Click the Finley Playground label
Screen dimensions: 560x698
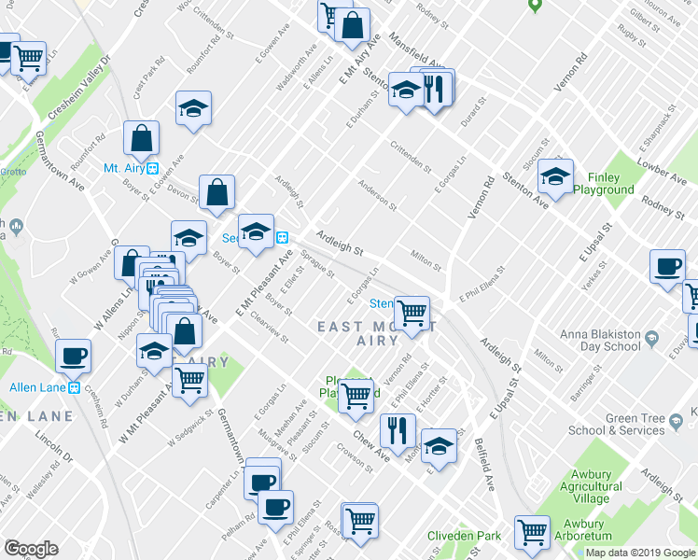604,182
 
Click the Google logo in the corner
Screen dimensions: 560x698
30,549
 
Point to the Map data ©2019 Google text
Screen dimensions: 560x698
640,553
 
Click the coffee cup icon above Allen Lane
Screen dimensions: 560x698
74,356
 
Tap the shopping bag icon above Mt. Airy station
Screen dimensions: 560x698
140,139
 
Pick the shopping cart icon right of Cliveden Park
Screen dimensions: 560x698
533,532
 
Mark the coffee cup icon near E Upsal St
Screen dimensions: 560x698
669,266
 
